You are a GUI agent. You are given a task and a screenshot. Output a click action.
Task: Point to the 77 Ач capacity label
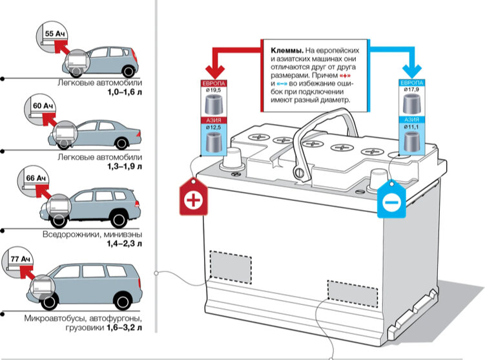click(21, 259)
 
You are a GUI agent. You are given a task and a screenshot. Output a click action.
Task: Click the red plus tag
click(193, 199)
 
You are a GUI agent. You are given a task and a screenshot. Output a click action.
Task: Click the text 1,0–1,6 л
click(125, 93)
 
